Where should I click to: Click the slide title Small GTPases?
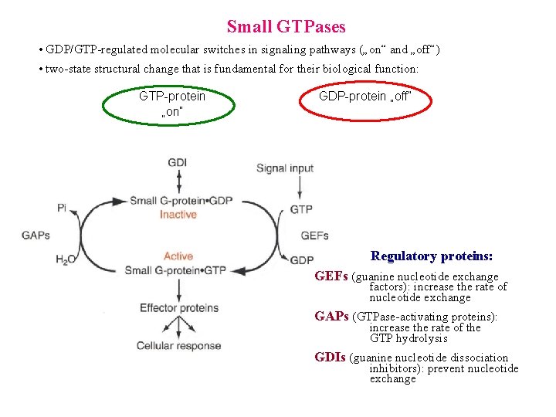click(x=286, y=27)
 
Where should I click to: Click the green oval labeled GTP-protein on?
click(x=171, y=103)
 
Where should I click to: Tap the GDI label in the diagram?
click(x=178, y=163)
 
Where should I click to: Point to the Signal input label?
click(x=285, y=168)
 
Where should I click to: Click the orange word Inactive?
click(x=178, y=215)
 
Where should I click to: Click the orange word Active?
click(x=178, y=256)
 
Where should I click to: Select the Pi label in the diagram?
click(x=62, y=207)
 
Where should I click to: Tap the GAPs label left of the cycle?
click(x=36, y=236)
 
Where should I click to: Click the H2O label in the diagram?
click(x=65, y=260)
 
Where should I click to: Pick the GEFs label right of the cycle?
click(x=314, y=236)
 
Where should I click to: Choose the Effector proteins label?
click(x=179, y=308)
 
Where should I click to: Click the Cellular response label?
click(x=178, y=346)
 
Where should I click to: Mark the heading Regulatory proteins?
click(x=432, y=256)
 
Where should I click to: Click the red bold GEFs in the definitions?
click(x=331, y=276)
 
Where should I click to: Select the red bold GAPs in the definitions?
click(x=332, y=317)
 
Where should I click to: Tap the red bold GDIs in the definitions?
click(x=331, y=358)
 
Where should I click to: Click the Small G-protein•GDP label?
click(x=181, y=201)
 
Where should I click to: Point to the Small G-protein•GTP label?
click(x=175, y=270)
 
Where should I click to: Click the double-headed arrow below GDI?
click(x=178, y=182)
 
